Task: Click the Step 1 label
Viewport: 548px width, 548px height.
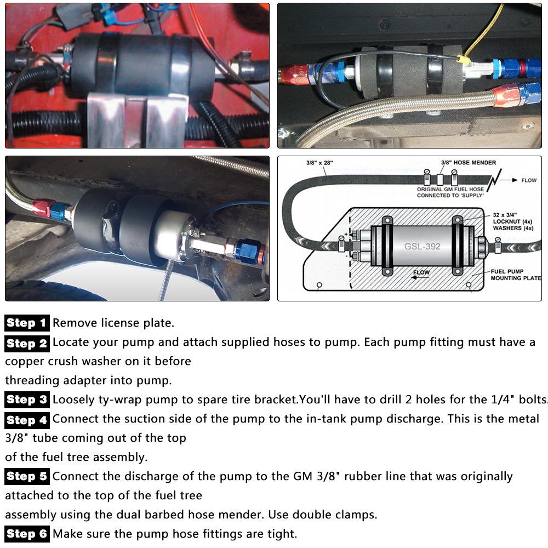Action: point(27,323)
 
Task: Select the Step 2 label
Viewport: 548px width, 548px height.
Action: point(27,343)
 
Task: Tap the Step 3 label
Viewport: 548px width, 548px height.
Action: point(27,399)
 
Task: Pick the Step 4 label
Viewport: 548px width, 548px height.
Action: point(27,420)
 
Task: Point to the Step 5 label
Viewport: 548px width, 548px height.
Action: point(27,476)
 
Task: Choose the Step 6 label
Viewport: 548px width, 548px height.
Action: point(27,533)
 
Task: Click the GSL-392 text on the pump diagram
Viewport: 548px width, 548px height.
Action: point(422,247)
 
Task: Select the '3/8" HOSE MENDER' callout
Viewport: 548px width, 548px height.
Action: point(469,163)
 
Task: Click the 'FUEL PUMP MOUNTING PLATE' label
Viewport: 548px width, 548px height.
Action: point(515,275)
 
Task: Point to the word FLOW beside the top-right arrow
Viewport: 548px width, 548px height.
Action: point(529,180)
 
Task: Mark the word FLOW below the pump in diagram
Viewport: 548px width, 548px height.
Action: point(421,272)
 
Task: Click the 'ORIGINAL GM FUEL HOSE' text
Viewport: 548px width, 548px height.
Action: point(451,189)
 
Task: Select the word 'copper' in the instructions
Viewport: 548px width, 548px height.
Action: point(26,361)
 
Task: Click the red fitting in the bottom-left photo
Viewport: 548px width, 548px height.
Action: point(41,207)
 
